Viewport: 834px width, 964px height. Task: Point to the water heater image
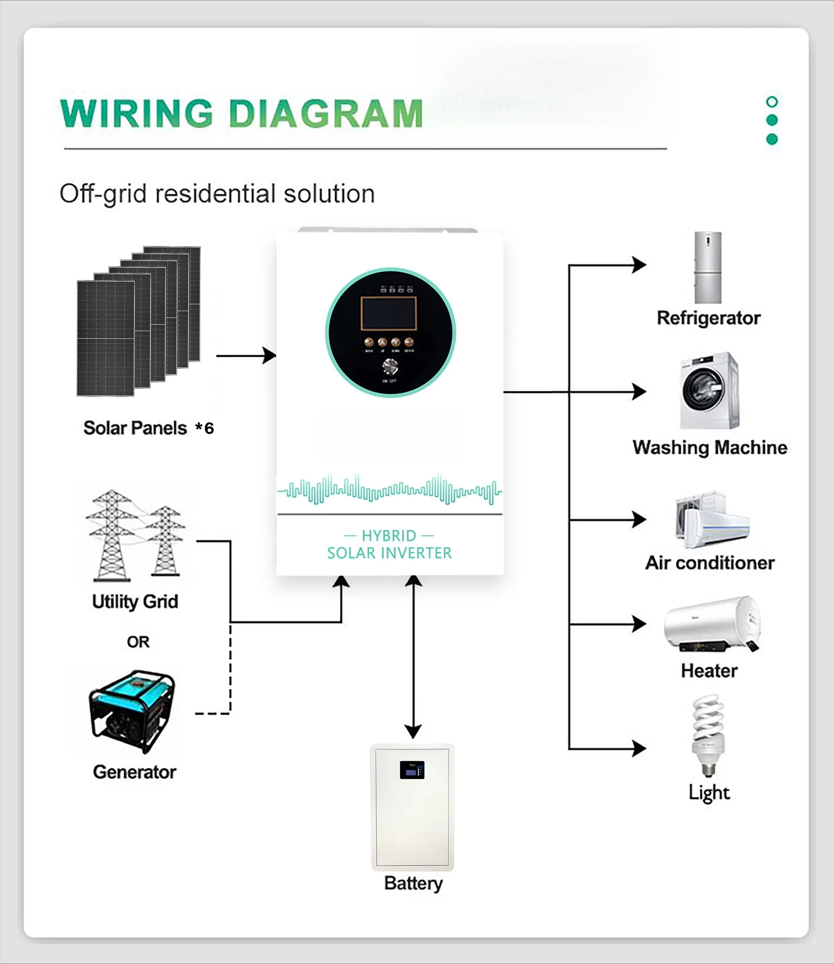[x=712, y=624]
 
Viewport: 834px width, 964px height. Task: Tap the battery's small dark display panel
[x=412, y=770]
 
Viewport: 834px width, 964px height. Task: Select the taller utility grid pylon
[x=111, y=535]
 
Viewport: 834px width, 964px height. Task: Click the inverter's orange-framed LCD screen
[x=388, y=314]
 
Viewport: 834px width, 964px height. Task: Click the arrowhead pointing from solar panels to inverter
[x=270, y=355]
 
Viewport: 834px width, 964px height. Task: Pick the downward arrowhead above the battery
[x=413, y=731]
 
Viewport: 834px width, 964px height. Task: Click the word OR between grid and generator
[x=138, y=642]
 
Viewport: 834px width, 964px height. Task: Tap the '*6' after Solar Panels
[x=205, y=428]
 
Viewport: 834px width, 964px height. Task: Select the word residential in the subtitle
[x=217, y=194]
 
